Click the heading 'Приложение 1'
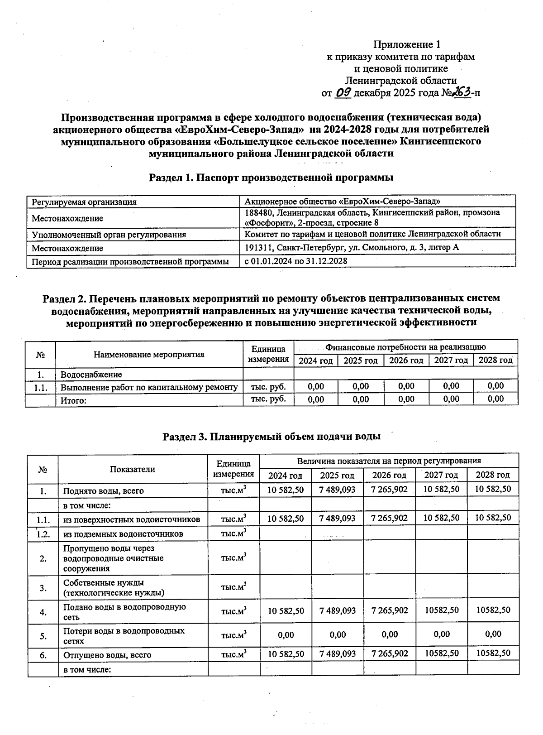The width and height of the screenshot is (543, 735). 406,44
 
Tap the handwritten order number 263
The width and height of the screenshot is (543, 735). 460,92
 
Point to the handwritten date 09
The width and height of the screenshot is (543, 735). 343,93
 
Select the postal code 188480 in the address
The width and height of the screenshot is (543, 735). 259,212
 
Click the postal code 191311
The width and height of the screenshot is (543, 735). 259,248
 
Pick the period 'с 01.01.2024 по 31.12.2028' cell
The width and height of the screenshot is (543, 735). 296,261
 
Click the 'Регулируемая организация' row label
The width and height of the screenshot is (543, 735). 84,202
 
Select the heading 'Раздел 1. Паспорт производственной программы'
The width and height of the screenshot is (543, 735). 271,178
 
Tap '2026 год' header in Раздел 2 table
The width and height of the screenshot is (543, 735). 406,360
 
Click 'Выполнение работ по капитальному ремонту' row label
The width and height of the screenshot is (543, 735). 149,387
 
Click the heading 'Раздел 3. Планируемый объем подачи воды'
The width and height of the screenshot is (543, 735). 271,437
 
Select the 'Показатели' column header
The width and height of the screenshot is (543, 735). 132,469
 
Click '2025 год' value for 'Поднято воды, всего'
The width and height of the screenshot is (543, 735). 337,490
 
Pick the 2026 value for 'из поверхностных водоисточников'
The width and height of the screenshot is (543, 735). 389,518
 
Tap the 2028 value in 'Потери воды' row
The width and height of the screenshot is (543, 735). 493,634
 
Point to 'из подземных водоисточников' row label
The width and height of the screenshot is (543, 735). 123,534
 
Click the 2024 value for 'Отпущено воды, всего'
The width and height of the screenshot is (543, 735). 286,654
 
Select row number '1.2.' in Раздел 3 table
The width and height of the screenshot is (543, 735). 43,534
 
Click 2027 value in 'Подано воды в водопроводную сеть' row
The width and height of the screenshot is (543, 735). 441,610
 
